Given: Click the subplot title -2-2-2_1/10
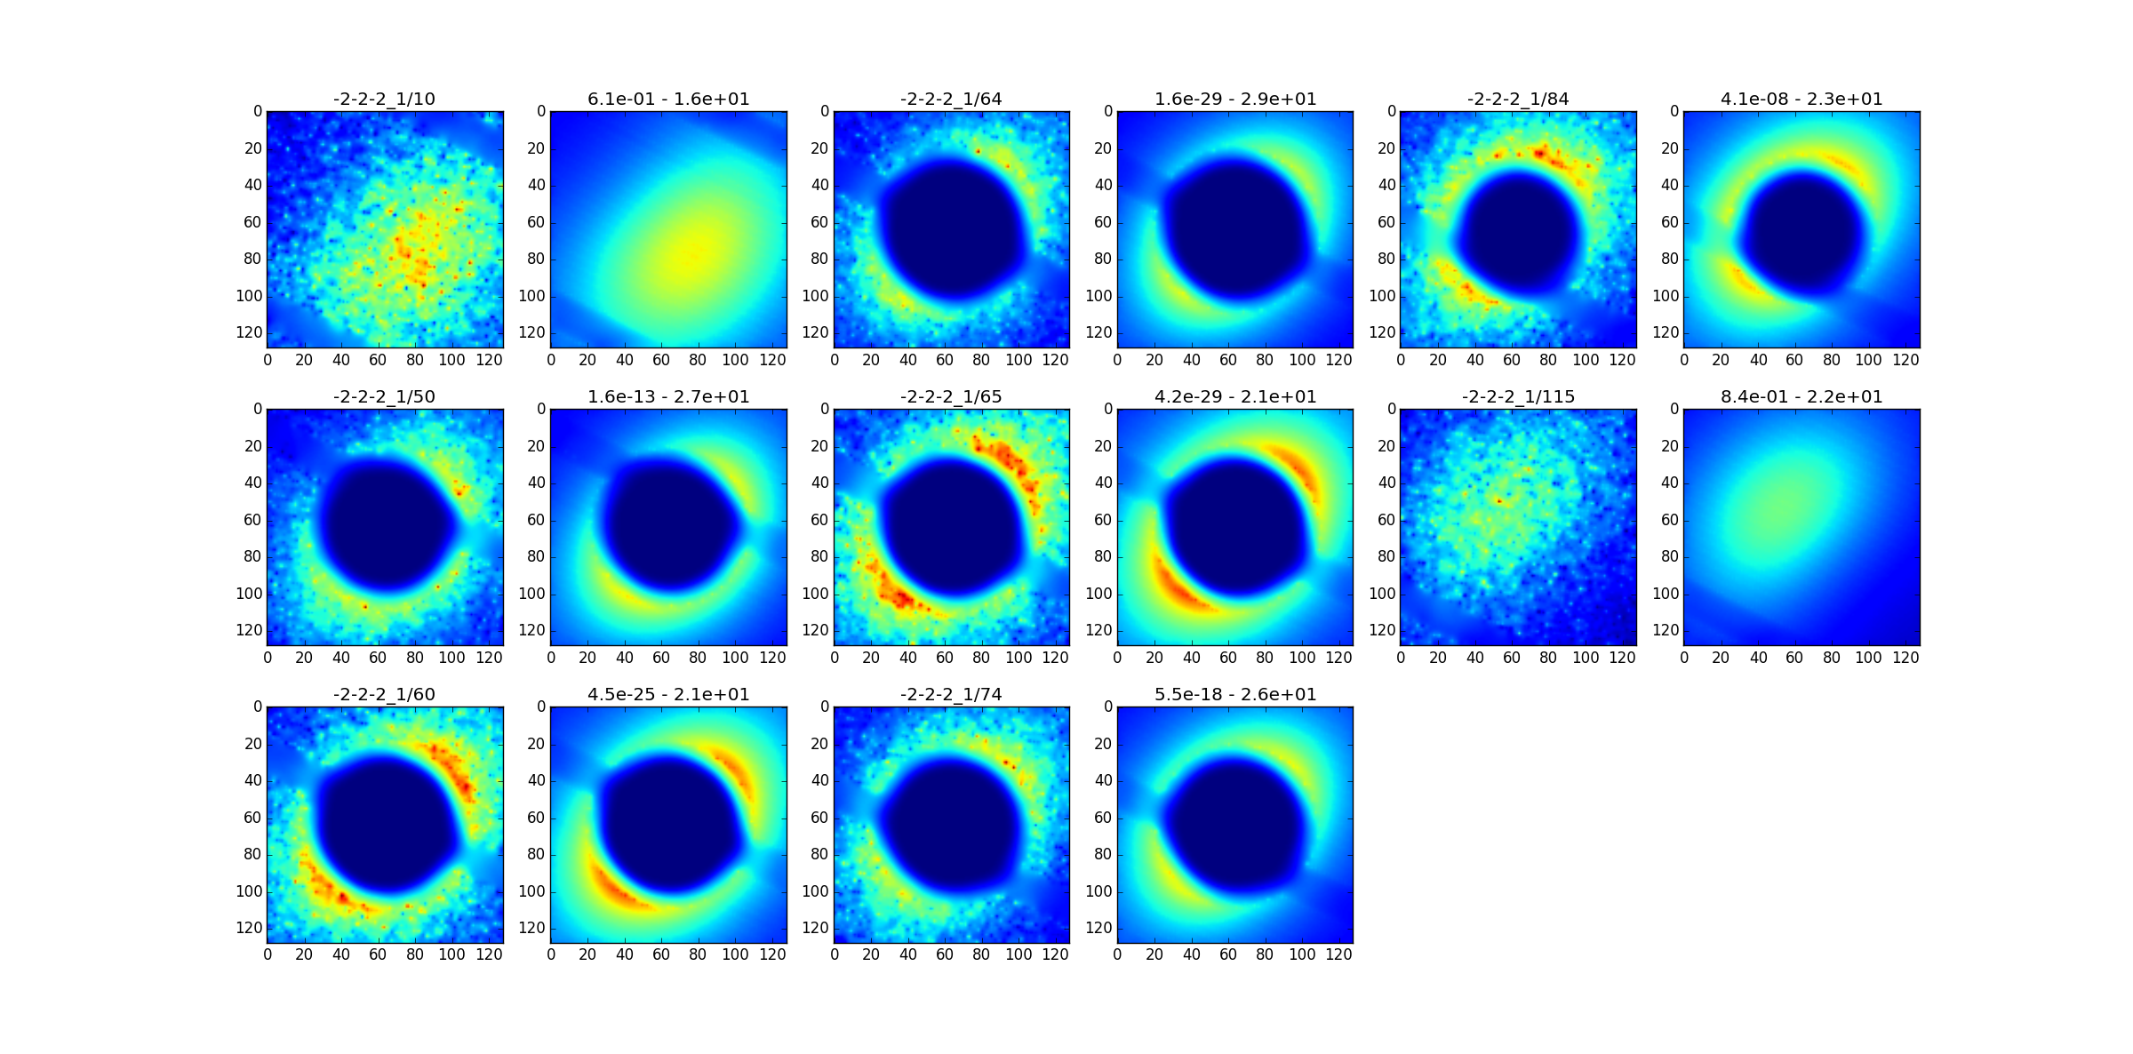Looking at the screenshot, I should pyautogui.click(x=384, y=99).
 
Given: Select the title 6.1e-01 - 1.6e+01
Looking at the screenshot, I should pyautogui.click(x=668, y=99).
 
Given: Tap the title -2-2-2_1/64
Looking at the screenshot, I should pyautogui.click(x=951, y=99).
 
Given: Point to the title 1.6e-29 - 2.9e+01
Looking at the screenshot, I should pyautogui.click(x=1235, y=99).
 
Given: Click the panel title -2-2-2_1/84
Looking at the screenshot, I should pyautogui.click(x=1518, y=99).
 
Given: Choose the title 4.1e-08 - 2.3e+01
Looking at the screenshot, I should pyautogui.click(x=1801, y=99).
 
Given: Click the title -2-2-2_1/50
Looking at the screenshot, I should pyautogui.click(x=384, y=396).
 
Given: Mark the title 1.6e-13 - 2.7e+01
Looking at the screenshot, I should pyautogui.click(x=668, y=396).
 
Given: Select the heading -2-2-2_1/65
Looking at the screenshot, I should pyautogui.click(x=951, y=396).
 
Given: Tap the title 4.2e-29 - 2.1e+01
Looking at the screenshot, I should pyautogui.click(x=1235, y=396).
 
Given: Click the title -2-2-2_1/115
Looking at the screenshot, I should pyautogui.click(x=1518, y=396).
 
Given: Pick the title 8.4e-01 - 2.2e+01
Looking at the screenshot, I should pyautogui.click(x=1801, y=396).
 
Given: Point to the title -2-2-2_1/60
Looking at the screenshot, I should pyautogui.click(x=384, y=694).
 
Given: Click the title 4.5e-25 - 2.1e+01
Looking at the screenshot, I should pyautogui.click(x=668, y=694).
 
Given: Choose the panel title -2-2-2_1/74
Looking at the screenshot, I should pyautogui.click(x=951, y=694).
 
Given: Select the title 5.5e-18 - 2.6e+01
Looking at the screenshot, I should pyautogui.click(x=1235, y=694).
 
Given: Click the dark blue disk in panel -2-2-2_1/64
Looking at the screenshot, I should pyautogui.click(x=953, y=229).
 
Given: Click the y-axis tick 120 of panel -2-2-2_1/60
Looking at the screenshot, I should pyautogui.click(x=252, y=928).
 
